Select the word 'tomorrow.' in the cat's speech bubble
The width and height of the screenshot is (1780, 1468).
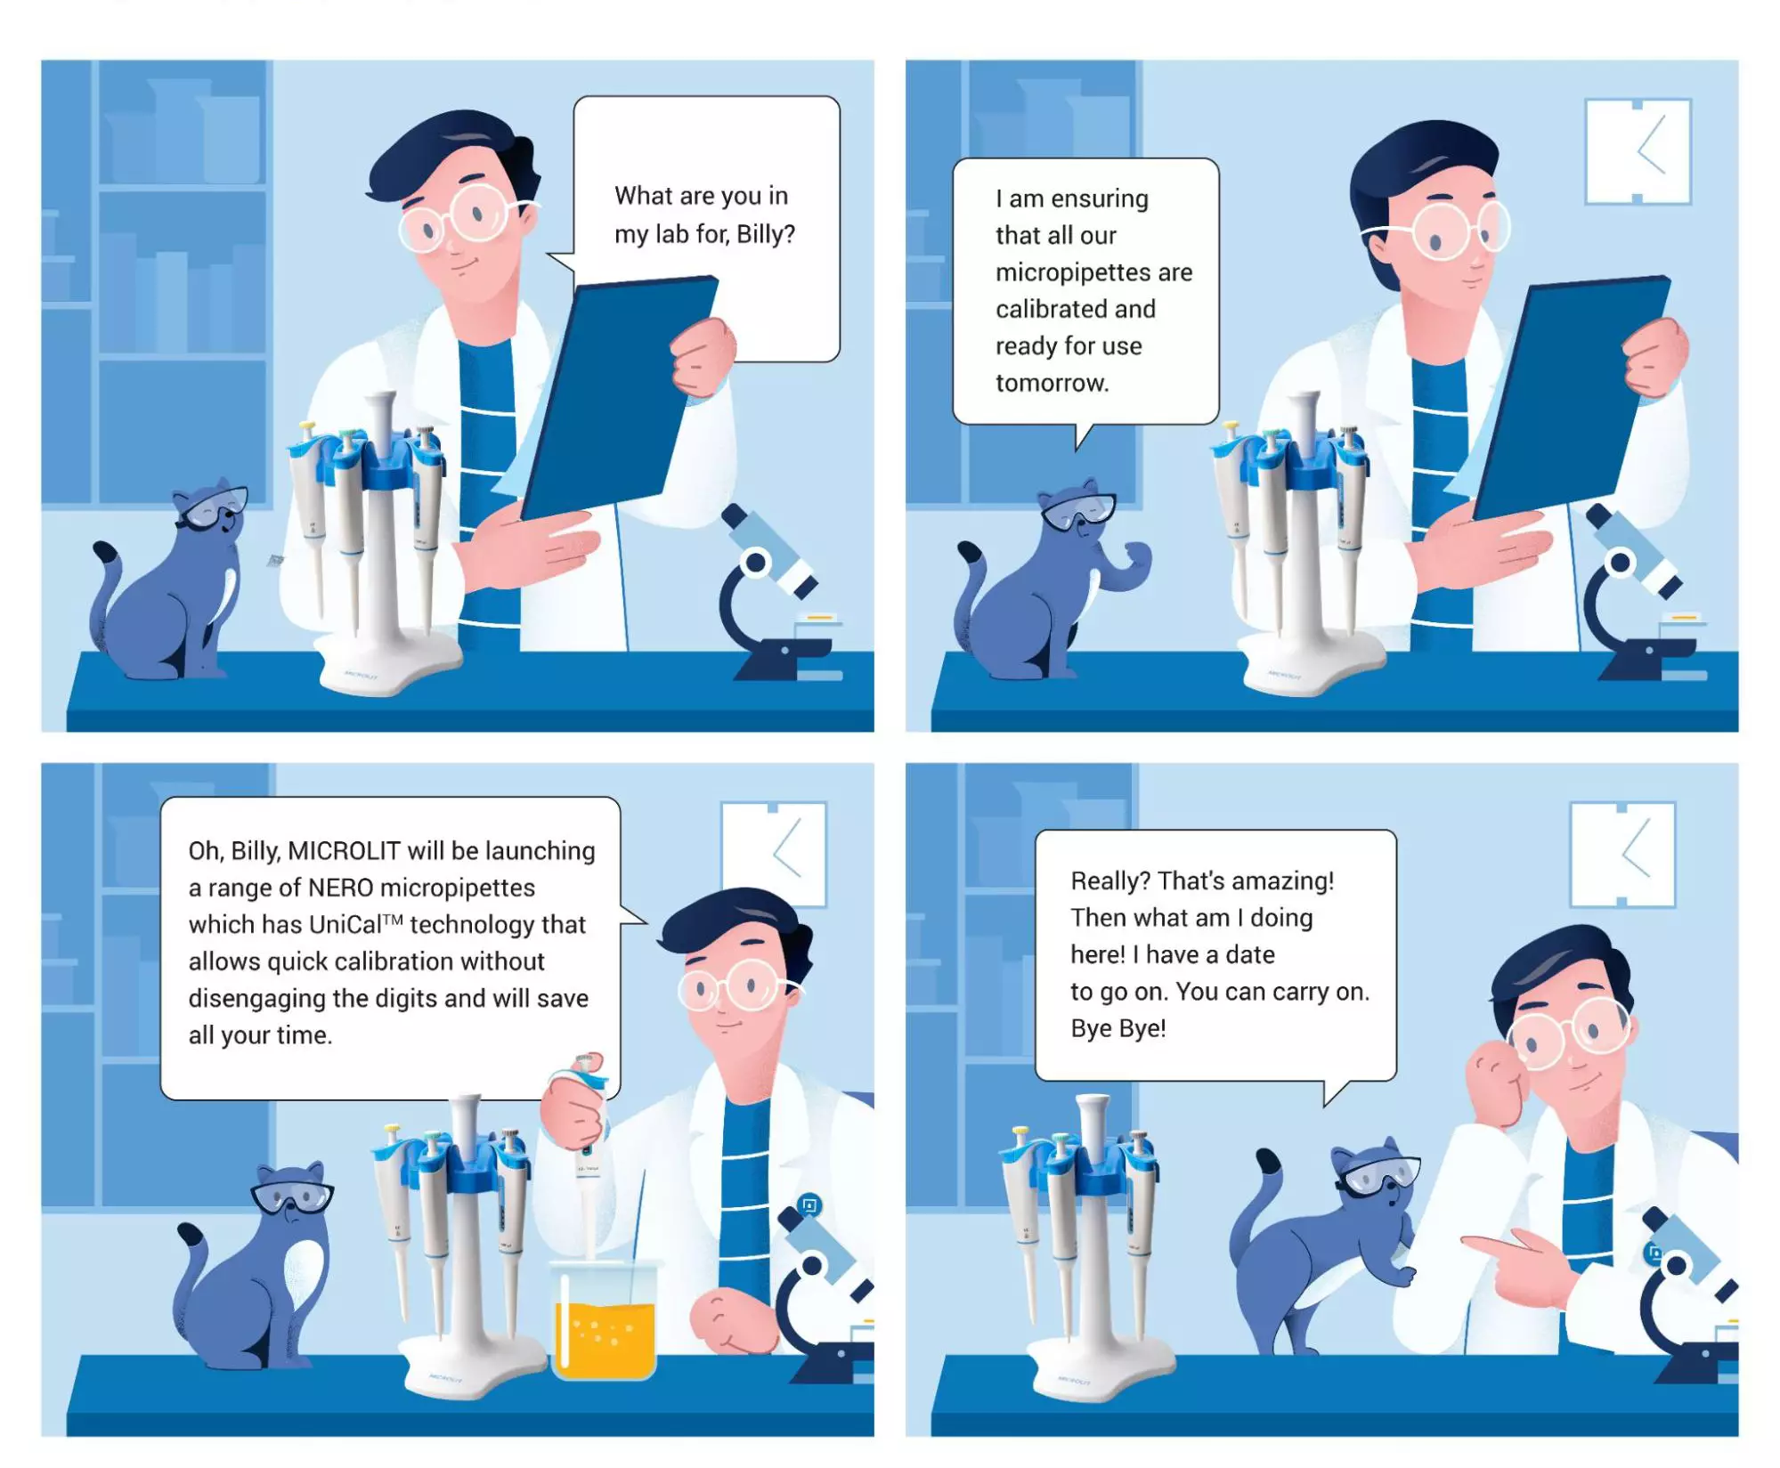(x=1052, y=383)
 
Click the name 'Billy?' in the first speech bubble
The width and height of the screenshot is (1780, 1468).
(x=766, y=234)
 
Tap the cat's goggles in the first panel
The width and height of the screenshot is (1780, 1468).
(x=214, y=508)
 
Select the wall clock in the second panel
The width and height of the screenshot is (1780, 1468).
(x=1638, y=151)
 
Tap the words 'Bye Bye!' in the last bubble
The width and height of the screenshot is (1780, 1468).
(x=1118, y=1028)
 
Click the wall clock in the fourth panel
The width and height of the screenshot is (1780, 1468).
(x=1622, y=855)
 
